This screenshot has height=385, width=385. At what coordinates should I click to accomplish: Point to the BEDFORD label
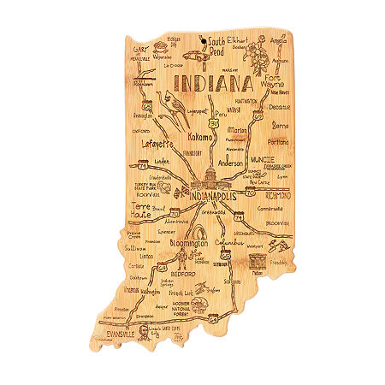pos(185,275)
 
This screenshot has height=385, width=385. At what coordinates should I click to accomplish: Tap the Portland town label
pos(278,141)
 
